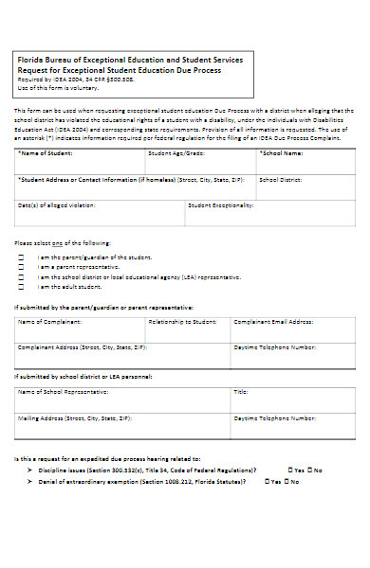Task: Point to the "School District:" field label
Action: (x=280, y=178)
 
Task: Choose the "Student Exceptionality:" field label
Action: (x=220, y=204)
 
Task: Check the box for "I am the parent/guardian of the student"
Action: (x=22, y=257)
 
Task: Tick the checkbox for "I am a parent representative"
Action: (x=22, y=267)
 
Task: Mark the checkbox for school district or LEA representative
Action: (x=22, y=276)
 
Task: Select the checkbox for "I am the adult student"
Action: (x=22, y=286)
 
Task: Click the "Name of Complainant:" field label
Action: (x=49, y=322)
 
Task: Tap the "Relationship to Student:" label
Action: (x=183, y=322)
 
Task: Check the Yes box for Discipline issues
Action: (x=290, y=470)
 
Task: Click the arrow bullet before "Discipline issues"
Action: (x=30, y=470)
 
